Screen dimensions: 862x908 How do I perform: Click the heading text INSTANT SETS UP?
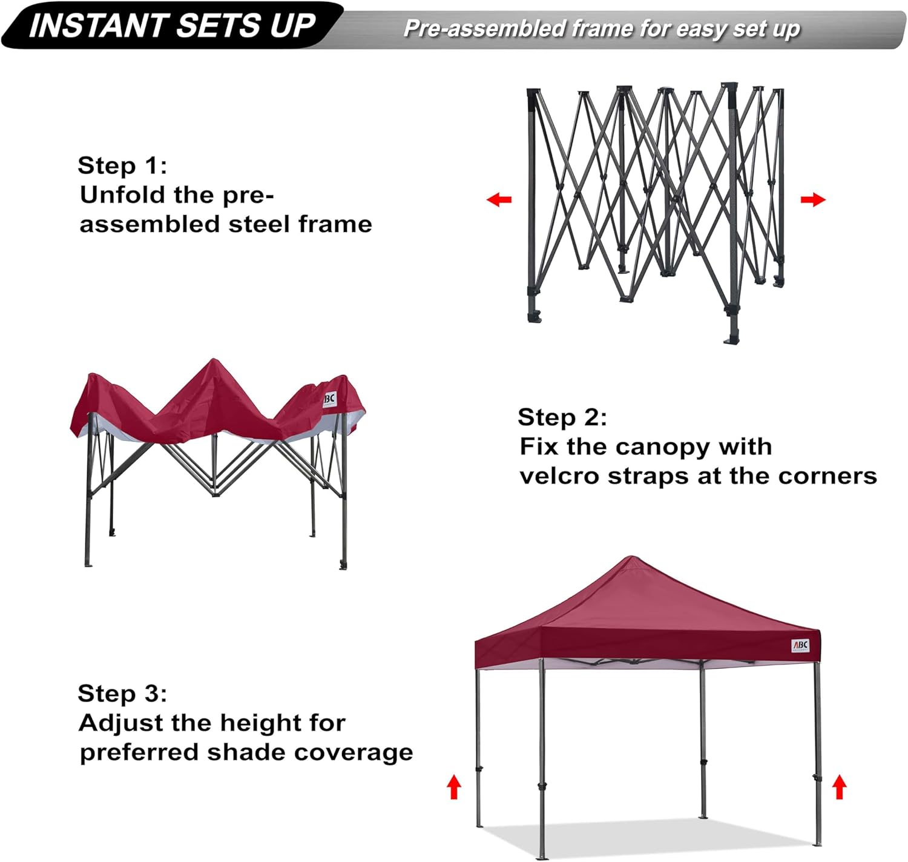pos(173,25)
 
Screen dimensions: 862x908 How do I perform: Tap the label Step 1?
pos(122,165)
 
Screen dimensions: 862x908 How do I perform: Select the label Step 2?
pos(562,417)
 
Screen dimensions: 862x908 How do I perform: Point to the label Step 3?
pos(122,694)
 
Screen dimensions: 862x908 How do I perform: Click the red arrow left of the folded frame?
pos(499,199)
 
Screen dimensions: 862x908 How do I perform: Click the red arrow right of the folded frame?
pos(812,199)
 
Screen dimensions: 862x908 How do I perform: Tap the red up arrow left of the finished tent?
pos(454,787)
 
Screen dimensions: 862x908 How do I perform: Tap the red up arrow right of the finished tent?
pos(839,787)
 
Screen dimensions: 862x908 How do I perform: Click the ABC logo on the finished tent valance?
pos(800,646)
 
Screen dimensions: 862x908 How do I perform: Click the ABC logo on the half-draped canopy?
pos(329,399)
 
